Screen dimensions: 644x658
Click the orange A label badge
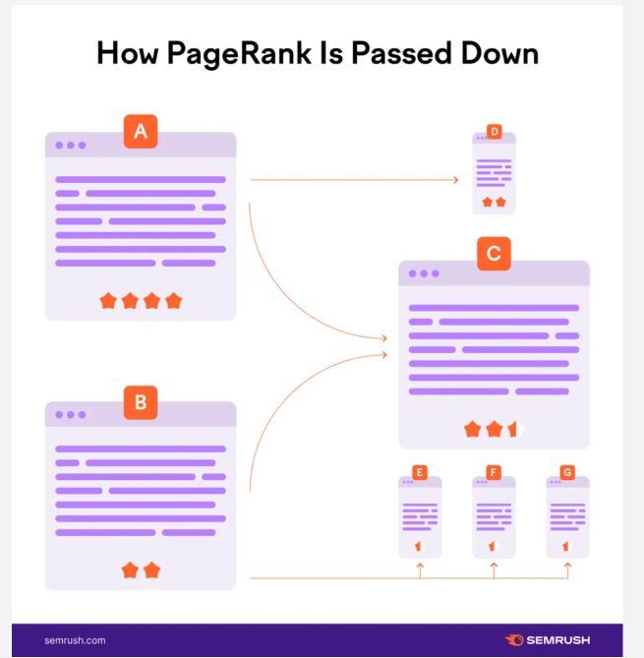coord(141,132)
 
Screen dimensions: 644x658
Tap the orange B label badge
coord(141,402)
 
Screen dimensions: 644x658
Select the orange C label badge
coord(494,254)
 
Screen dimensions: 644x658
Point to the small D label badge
coord(495,132)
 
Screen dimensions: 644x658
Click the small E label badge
coord(420,472)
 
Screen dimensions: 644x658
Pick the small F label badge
coord(494,472)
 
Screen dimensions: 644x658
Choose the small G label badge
coord(567,472)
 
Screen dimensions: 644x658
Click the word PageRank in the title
coord(239,54)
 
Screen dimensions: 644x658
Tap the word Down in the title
coord(499,53)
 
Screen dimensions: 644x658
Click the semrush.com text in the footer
coord(75,640)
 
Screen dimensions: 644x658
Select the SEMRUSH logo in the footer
coord(548,640)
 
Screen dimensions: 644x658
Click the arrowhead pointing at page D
coord(455,180)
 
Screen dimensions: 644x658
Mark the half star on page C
coord(515,429)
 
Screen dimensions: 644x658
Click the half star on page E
coord(420,546)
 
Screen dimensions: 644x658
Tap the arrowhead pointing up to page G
coord(567,566)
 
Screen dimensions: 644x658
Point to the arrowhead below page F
coord(494,566)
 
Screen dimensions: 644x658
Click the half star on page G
coord(567,546)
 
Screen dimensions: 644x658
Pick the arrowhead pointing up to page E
coord(420,566)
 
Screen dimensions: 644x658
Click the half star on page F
coord(494,546)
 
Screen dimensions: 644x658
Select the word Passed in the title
coord(401,53)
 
